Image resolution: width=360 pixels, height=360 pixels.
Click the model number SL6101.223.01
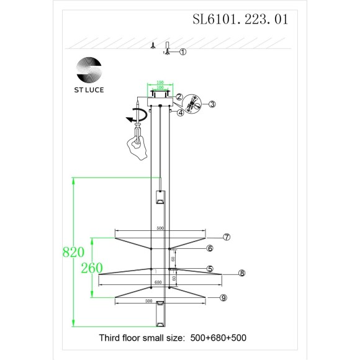[241, 19]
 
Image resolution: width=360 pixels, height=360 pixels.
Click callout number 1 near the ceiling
[183, 52]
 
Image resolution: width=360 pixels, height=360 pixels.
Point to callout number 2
[179, 97]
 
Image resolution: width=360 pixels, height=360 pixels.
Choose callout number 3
[212, 104]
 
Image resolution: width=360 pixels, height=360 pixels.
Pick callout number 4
[179, 112]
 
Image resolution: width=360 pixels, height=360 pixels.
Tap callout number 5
[210, 269]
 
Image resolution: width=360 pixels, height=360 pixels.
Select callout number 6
[210, 248]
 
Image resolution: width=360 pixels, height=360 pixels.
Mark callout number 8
[242, 273]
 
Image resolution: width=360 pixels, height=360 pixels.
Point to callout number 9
[223, 298]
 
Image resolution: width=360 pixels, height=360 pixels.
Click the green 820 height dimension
[74, 253]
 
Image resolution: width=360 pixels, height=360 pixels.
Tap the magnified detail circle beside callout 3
[194, 104]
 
